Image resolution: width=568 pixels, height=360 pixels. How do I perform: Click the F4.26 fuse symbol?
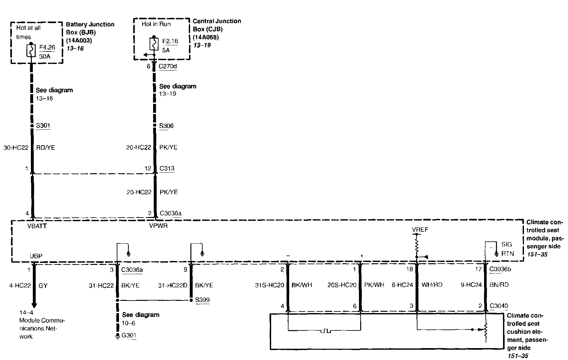point(31,50)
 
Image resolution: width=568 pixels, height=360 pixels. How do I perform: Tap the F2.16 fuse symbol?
point(154,44)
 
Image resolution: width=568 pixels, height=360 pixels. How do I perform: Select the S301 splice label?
point(43,125)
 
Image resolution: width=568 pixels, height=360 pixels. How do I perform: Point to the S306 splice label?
point(166,126)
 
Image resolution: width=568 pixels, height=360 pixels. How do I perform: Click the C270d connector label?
point(168,66)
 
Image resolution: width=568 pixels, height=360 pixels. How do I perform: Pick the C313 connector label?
point(167,168)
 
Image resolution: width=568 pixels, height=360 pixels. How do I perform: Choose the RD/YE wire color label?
point(45,148)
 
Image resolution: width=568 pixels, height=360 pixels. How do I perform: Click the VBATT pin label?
point(37,226)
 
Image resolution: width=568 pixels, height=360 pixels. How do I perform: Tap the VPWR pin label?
point(158,226)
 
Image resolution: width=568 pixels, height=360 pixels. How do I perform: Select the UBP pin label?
point(36,256)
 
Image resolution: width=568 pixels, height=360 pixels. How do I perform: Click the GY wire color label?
point(43,285)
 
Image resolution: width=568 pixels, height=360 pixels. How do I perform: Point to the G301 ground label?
point(129,336)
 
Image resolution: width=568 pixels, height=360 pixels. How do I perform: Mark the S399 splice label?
point(202,300)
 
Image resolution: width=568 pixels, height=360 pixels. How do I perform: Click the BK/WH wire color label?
point(302,285)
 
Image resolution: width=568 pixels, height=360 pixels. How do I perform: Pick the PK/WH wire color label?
point(374,285)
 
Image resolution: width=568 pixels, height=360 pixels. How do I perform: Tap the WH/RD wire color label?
point(432,285)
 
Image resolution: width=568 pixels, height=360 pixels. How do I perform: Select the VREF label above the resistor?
point(420,230)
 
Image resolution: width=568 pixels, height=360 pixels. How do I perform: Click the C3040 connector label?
point(499,306)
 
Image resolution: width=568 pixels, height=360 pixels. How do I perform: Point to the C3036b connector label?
point(500,269)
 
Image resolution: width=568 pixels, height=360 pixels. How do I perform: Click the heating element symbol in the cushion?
point(325,330)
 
